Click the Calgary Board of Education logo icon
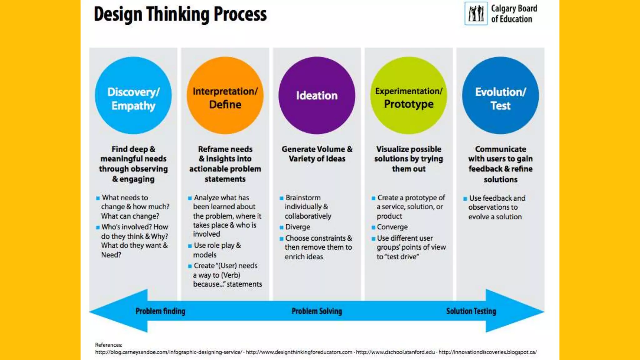476,13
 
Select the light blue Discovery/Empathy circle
133,95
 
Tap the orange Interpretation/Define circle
225,95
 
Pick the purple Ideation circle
317,95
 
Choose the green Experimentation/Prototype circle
408,95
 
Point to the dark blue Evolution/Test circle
500,95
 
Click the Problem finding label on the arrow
160,311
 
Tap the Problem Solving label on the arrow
317,311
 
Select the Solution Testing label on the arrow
471,311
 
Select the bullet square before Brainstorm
282,198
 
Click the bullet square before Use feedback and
465,199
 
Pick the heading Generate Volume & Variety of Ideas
317,154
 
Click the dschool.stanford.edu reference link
395,352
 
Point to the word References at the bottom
108,345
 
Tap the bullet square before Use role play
190,246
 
